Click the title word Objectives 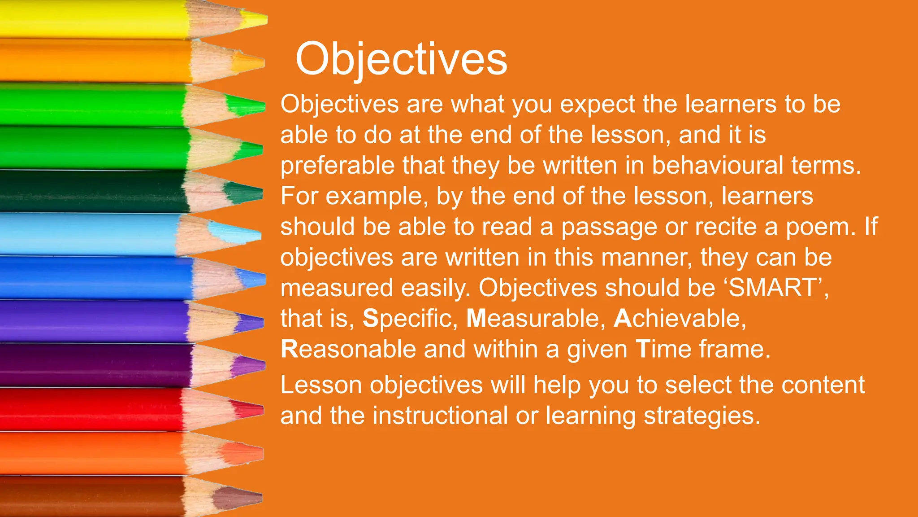click(x=401, y=60)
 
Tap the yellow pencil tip click(x=255, y=19)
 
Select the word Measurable click(x=533, y=319)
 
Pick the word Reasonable click(x=348, y=349)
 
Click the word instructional click(x=440, y=416)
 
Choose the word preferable click(x=337, y=165)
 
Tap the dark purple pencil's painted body click(x=90, y=364)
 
